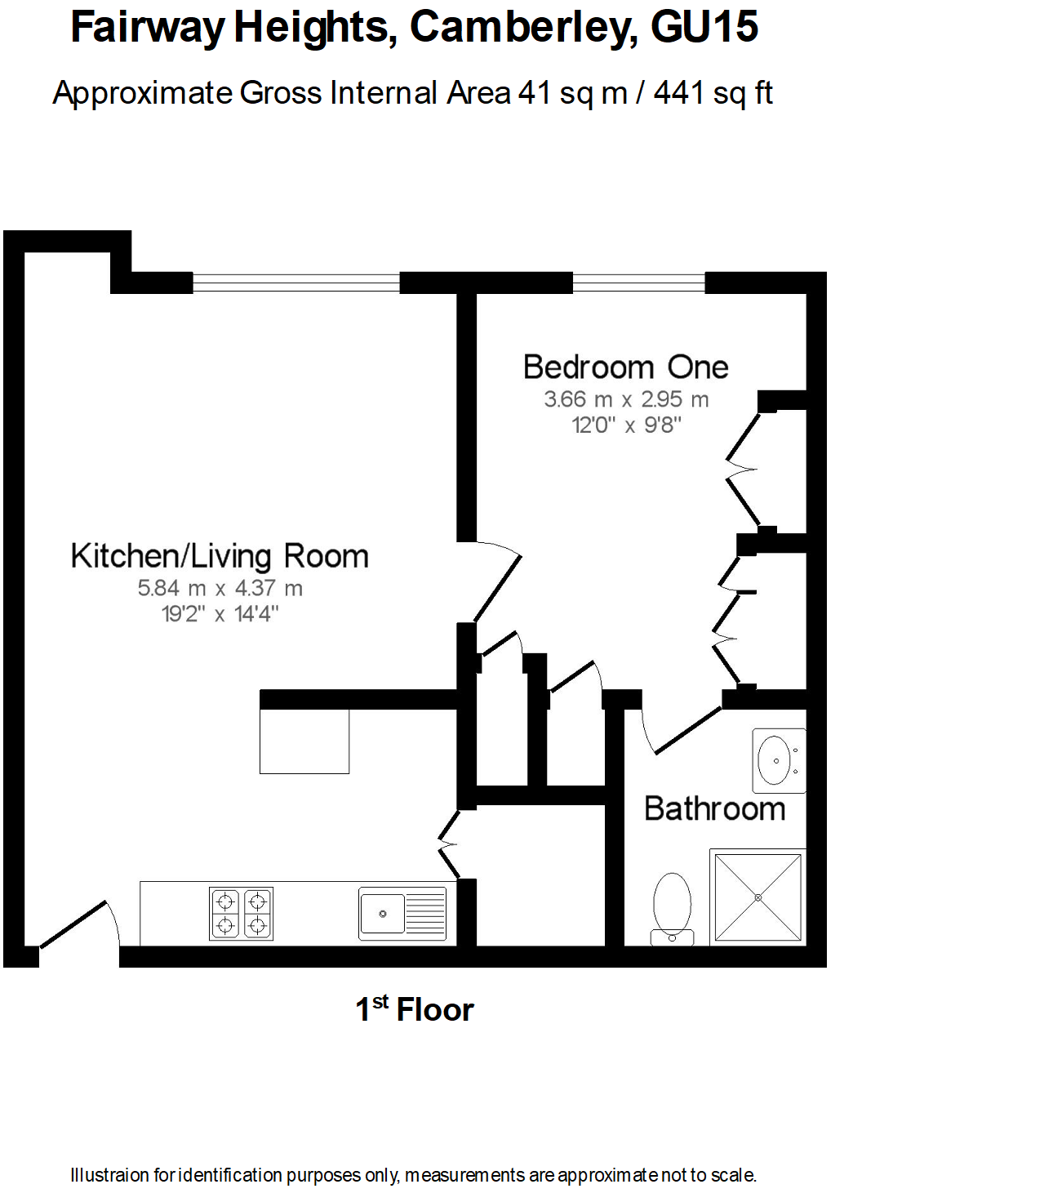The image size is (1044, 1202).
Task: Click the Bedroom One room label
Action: point(625,367)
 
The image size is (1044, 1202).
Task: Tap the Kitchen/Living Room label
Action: point(220,556)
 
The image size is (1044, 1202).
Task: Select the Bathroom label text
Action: point(714,808)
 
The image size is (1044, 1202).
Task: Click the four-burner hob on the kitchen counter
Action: point(242,914)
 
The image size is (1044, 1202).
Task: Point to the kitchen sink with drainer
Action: point(402,914)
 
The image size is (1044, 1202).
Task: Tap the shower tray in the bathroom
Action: point(758,897)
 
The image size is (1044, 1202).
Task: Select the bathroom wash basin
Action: point(778,760)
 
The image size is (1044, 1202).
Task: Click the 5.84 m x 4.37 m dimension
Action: point(220,588)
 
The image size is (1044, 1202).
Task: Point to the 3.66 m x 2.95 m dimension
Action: point(626,399)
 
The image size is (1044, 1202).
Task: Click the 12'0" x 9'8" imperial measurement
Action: point(626,425)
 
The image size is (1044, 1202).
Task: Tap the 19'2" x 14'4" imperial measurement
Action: point(220,613)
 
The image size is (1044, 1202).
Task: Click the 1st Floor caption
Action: point(414,1010)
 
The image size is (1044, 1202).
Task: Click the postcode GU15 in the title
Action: point(704,27)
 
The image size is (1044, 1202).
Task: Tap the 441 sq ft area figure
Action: point(713,93)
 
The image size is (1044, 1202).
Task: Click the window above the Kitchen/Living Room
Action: point(296,283)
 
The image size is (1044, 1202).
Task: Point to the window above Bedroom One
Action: point(638,283)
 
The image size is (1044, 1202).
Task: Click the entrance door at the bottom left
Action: point(78,927)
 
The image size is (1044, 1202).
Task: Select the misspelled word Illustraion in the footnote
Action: point(110,1175)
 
